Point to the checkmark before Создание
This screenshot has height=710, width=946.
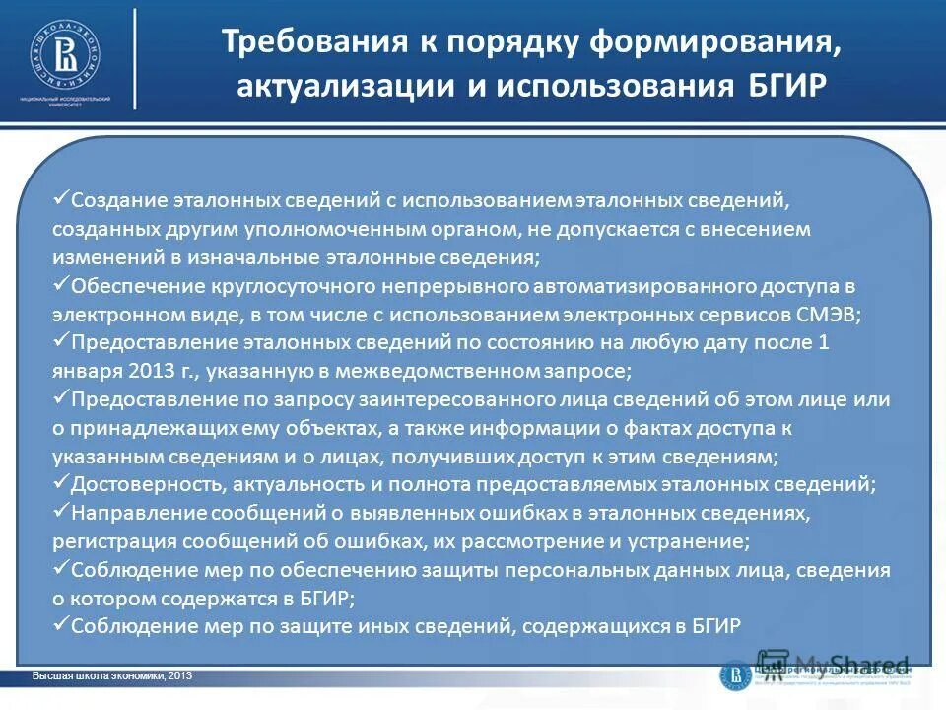(60, 198)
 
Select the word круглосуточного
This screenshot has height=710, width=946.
(287, 286)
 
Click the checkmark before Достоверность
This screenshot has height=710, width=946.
(60, 483)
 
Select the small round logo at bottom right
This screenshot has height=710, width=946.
(735, 674)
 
